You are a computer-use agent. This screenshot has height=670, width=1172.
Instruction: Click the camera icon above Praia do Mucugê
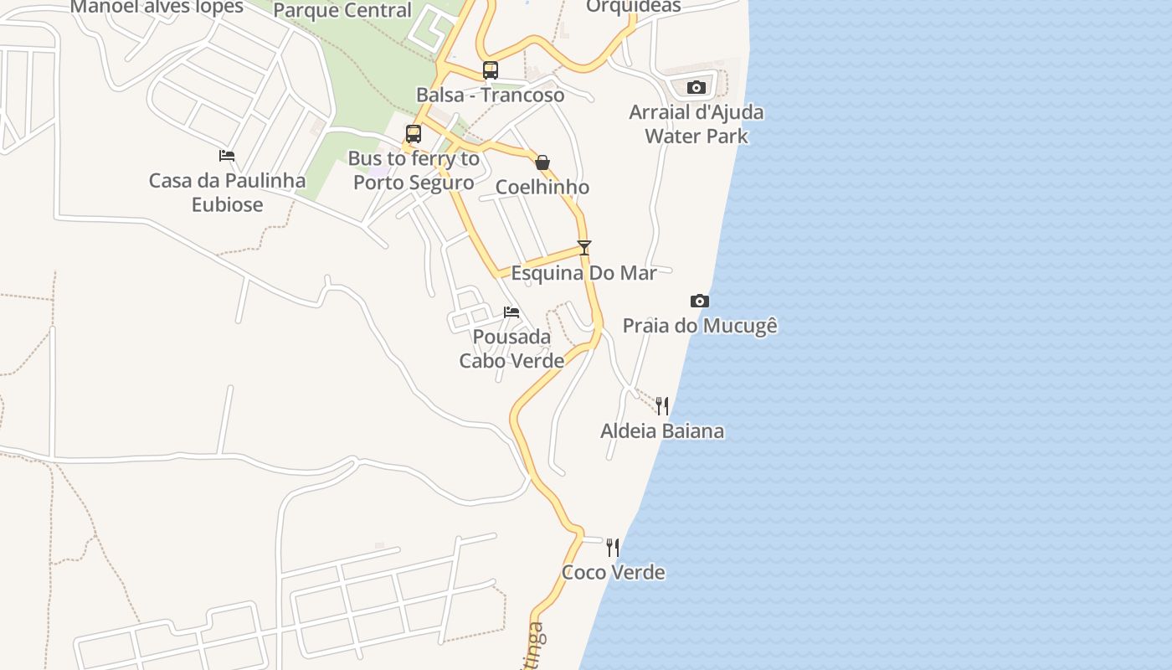[700, 301]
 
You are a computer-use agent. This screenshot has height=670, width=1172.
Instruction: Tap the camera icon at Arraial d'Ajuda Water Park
[697, 87]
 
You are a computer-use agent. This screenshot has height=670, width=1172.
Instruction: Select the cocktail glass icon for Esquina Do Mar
[584, 247]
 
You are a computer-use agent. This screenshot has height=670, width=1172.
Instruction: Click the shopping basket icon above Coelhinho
[542, 162]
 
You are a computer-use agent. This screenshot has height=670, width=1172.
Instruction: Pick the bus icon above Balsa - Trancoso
[491, 70]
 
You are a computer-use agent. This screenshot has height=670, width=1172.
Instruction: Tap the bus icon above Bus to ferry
[414, 134]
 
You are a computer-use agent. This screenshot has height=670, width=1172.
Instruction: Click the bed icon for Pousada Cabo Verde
[511, 312]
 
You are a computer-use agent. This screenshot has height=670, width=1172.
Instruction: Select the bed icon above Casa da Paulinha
[227, 155]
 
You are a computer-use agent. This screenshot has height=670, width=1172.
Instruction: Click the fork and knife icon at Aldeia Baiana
[662, 406]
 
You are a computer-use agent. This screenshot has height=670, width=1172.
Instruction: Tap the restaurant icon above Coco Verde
[613, 548]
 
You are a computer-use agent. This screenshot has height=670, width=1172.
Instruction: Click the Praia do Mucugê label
[700, 325]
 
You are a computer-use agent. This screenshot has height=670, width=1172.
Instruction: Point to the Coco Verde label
[613, 573]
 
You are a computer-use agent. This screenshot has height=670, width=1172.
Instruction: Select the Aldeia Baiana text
[662, 431]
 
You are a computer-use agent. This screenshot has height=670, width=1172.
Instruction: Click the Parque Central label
[342, 11]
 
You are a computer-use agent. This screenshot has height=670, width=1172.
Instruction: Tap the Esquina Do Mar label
[584, 273]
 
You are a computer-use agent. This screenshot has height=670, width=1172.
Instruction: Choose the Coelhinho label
[542, 187]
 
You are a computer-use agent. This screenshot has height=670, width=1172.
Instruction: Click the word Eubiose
[227, 205]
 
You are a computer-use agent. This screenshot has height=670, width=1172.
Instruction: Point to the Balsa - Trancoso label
[491, 95]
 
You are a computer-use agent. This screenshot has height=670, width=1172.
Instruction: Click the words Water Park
[697, 136]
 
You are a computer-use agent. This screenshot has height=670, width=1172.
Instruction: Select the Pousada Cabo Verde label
[511, 349]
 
